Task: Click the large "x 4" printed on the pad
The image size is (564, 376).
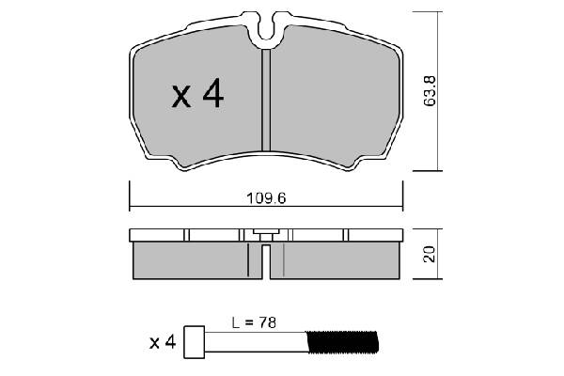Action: (x=197, y=94)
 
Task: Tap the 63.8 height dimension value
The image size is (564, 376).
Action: (x=430, y=89)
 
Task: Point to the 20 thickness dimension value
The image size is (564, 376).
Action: (x=430, y=254)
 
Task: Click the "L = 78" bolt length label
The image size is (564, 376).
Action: (x=253, y=322)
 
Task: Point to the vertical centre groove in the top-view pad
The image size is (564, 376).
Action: (x=266, y=103)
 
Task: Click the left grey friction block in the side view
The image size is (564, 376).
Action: (x=193, y=259)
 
